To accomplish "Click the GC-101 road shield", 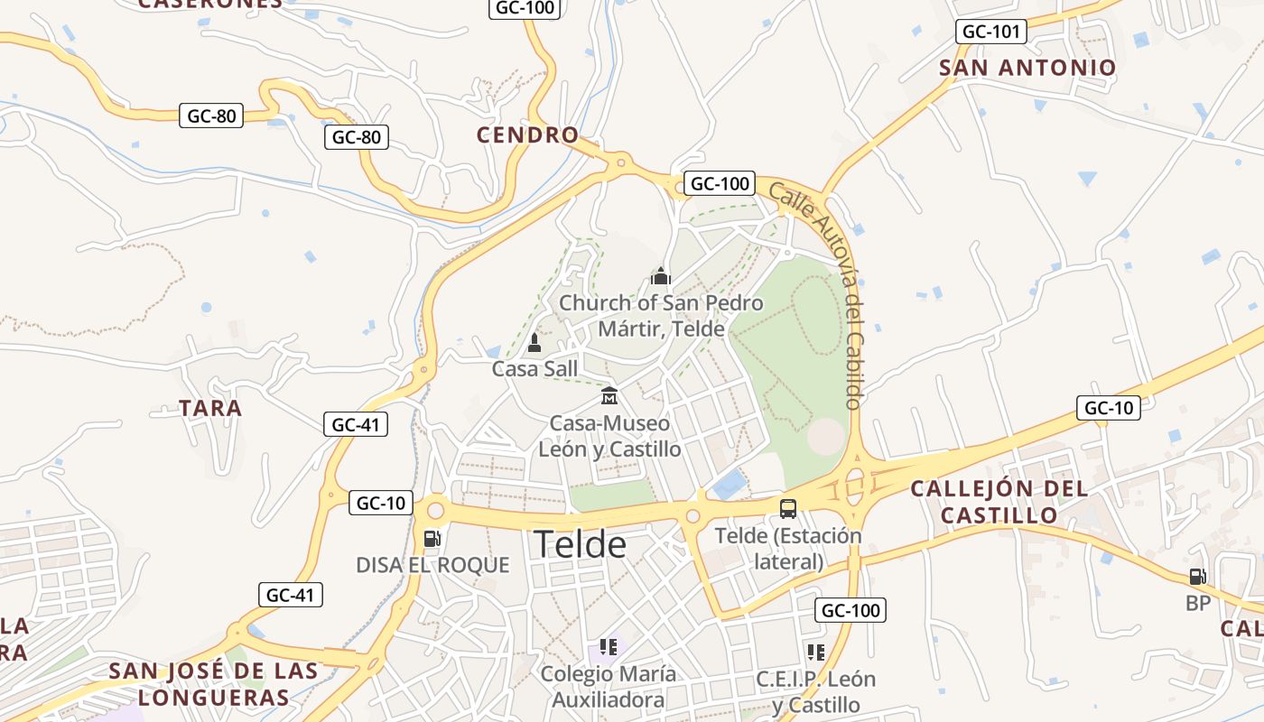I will (991, 32).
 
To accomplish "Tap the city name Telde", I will (580, 544).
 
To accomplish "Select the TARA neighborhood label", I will (210, 408).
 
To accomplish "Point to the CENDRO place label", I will (527, 135).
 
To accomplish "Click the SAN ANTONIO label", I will (1027, 68).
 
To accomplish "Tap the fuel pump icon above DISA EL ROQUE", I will (432, 539).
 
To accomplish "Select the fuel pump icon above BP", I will (1197, 577).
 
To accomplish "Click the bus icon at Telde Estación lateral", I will (788, 508).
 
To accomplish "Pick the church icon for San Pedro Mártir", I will (661, 276).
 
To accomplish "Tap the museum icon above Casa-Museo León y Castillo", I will (609, 396).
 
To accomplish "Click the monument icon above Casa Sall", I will (534, 343).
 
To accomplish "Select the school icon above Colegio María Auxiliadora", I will (608, 647).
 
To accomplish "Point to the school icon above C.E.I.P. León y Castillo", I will (816, 652).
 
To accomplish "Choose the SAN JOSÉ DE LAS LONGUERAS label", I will (213, 683).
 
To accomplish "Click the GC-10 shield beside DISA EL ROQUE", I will (381, 504).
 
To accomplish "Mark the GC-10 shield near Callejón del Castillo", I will (1108, 408).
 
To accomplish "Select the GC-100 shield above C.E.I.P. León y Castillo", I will (850, 610).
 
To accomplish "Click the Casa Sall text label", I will (534, 368).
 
